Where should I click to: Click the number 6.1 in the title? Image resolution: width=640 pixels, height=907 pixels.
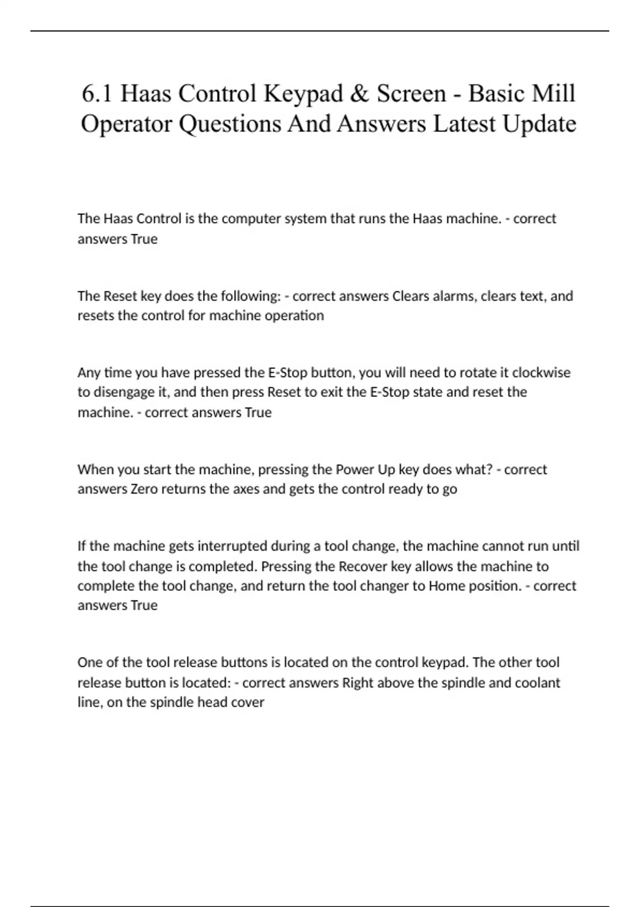pos(97,94)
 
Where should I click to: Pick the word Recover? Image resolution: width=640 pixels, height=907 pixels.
pos(363,566)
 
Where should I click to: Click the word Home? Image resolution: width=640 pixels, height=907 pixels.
pos(447,586)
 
